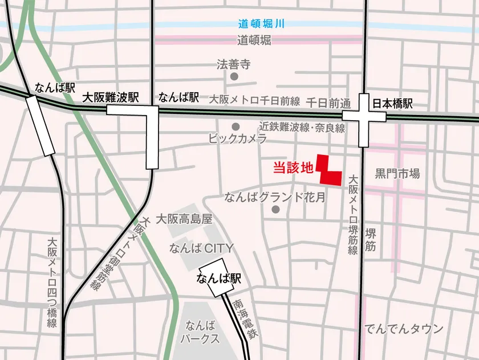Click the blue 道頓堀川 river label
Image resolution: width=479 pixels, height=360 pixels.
click(261, 24)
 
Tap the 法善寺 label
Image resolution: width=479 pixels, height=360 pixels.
click(234, 64)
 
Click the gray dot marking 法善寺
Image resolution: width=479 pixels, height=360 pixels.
click(234, 76)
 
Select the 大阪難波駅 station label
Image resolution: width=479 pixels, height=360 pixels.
click(111, 97)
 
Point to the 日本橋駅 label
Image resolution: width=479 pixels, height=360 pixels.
click(392, 104)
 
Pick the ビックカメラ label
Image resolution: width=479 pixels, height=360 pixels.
click(238, 138)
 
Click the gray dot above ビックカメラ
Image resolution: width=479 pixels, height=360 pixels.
click(236, 126)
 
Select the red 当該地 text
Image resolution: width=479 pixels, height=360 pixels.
click(293, 168)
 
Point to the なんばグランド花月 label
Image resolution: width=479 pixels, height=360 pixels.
click(275, 198)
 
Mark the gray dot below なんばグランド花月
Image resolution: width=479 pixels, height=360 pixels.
click(277, 210)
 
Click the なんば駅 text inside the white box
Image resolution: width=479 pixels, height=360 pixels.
click(218, 279)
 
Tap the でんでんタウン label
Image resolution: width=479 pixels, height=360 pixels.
click(404, 329)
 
